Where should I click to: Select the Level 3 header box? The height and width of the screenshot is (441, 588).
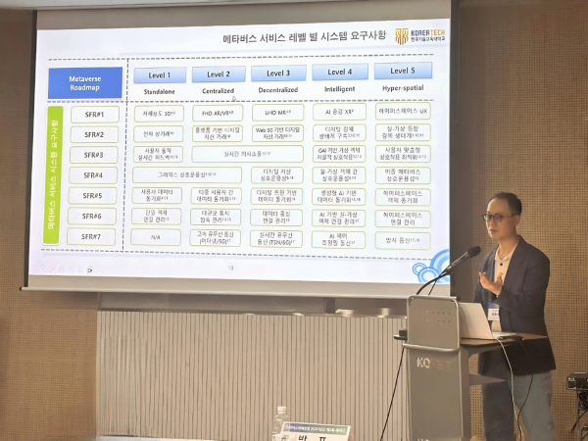[278, 73]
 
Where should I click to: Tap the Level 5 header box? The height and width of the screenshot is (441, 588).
[402, 71]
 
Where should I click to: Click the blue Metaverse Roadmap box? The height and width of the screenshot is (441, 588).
[84, 82]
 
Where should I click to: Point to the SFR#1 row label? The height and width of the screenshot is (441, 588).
[93, 115]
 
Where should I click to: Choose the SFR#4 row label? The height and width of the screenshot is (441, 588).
[93, 175]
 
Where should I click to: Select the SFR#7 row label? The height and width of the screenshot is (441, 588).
[93, 236]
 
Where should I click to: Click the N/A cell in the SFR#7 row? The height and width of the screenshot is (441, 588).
[157, 236]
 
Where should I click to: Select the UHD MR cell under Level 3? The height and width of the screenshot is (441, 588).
[277, 113]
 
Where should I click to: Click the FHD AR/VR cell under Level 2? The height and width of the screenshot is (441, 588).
[218, 113]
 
